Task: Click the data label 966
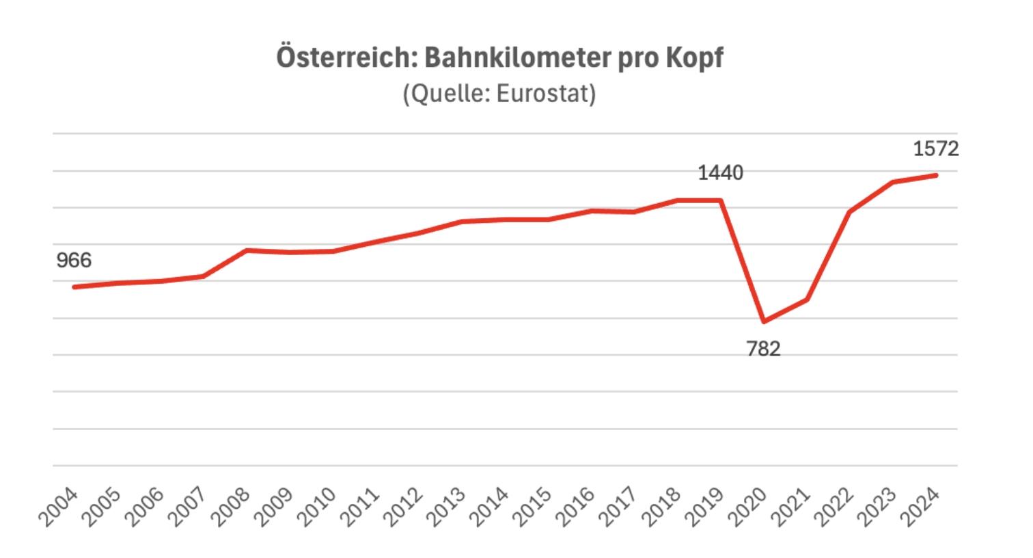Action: (x=74, y=261)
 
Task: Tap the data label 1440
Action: (x=720, y=173)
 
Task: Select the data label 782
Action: (x=763, y=349)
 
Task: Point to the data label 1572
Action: (x=936, y=148)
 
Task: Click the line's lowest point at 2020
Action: (x=764, y=321)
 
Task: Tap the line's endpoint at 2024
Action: (x=936, y=175)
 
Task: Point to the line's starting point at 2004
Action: (x=74, y=287)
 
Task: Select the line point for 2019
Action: (x=721, y=200)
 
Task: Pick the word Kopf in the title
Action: (x=693, y=58)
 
